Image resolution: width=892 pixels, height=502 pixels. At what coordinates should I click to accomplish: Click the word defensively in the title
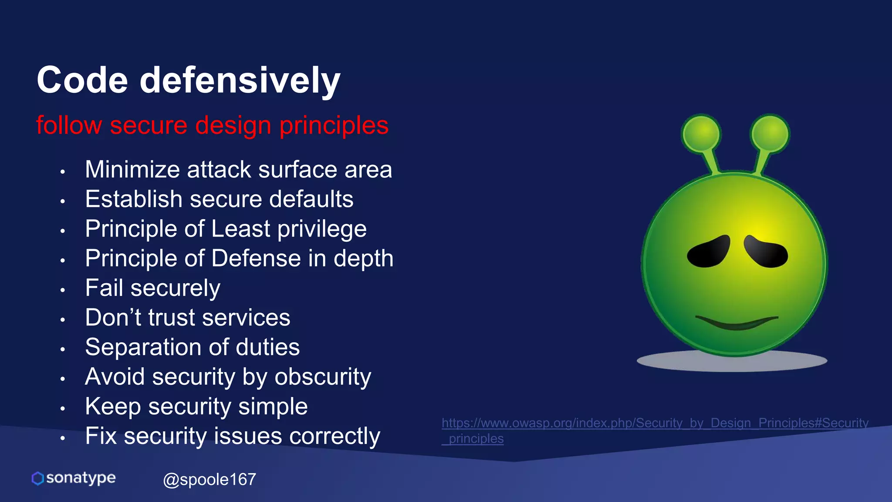[240, 81]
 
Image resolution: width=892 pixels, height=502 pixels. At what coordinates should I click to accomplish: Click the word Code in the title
[82, 81]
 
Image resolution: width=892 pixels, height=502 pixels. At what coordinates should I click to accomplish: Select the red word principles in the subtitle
[334, 125]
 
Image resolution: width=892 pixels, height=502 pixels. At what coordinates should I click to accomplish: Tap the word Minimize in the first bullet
[132, 170]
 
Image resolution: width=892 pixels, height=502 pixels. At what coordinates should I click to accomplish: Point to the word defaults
[311, 199]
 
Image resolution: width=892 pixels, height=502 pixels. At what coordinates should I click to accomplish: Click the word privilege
[322, 229]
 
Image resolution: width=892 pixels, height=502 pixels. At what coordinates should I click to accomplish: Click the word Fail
[104, 288]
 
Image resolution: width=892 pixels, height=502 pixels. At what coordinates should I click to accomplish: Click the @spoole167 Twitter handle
[209, 479]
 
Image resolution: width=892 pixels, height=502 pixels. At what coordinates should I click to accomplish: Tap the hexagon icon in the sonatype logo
[38, 478]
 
